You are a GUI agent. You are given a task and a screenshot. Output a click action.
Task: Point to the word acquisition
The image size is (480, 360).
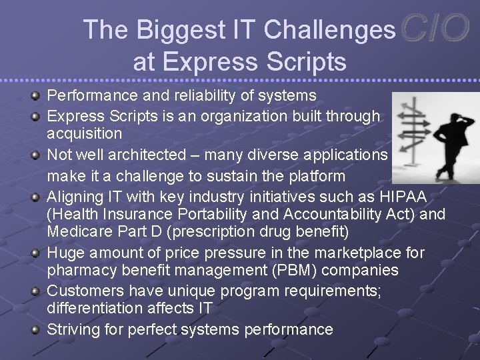[84, 133]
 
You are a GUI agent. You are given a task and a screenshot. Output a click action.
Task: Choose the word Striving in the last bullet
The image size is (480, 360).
[73, 329]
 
